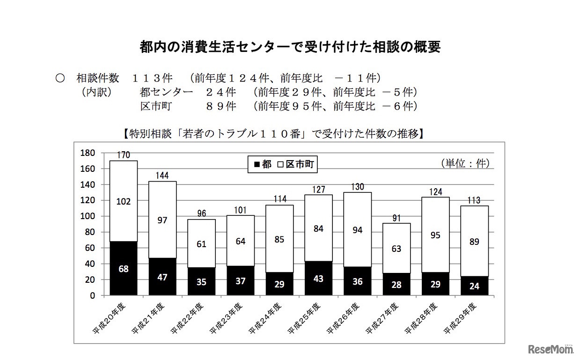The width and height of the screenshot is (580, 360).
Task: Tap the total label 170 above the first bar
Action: click(124, 155)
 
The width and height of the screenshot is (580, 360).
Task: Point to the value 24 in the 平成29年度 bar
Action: click(474, 286)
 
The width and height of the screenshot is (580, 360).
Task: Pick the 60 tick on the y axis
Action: click(90, 248)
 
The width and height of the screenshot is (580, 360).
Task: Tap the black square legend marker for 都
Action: click(256, 164)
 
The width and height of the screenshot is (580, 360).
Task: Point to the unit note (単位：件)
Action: click(464, 163)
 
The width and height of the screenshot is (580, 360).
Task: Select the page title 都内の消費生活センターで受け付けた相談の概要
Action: click(290, 47)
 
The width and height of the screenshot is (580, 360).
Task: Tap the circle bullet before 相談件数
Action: click(60, 78)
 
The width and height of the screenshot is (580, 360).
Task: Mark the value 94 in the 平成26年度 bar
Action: click(358, 230)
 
